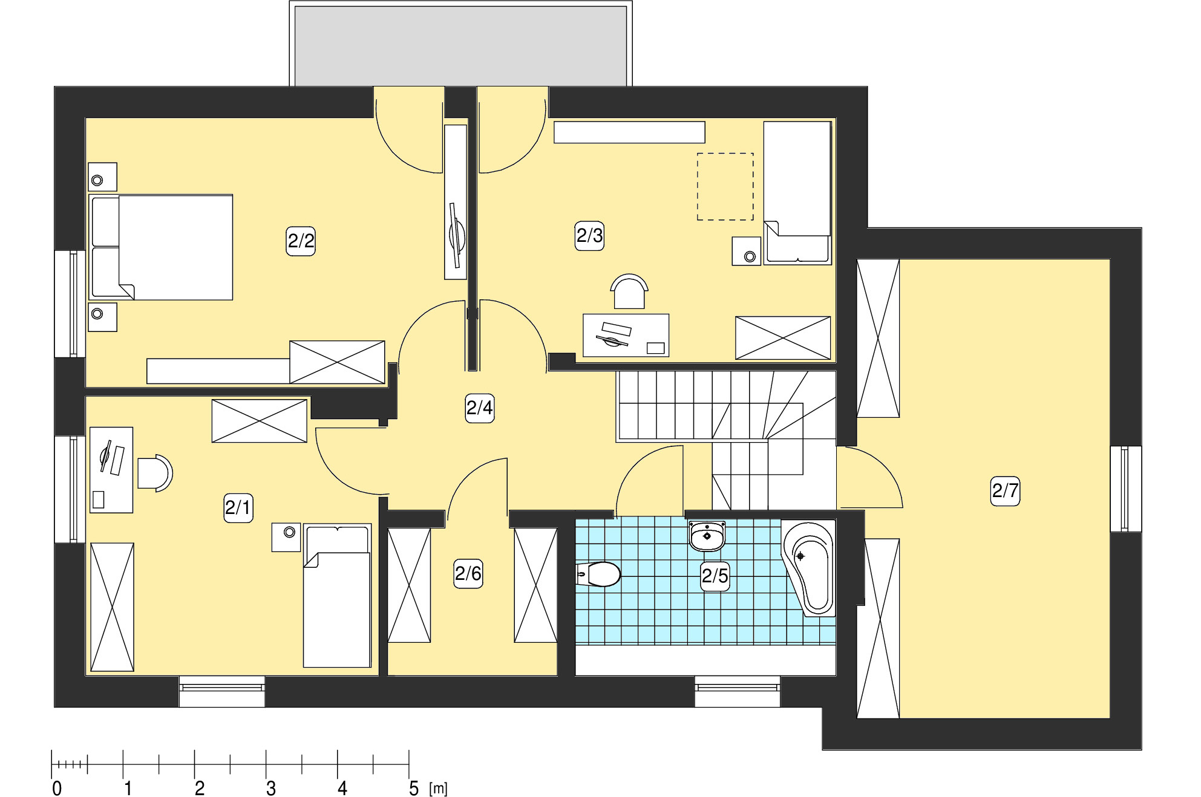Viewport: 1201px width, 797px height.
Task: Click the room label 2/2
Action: [301, 241]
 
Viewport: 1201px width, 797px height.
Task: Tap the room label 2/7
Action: [1005, 490]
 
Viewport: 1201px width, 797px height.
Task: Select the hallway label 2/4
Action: [480, 408]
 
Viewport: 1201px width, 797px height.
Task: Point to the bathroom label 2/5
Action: [715, 575]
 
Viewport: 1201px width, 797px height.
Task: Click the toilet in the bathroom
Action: [598, 574]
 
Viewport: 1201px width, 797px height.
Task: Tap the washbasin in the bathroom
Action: [707, 536]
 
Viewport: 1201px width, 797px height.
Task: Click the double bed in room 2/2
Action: [161, 247]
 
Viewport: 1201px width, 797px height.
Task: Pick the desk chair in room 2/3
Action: [629, 291]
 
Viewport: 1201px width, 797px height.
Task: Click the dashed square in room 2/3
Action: [725, 186]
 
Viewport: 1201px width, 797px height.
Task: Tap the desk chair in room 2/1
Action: [155, 473]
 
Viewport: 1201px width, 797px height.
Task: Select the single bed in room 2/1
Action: [337, 596]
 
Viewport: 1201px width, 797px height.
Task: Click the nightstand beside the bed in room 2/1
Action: [286, 537]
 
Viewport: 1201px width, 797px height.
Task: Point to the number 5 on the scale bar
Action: [414, 789]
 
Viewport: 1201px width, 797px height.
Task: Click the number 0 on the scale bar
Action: [57, 789]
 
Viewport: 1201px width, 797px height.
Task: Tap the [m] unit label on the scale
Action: [439, 789]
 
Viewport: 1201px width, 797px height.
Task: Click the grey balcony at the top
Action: [461, 46]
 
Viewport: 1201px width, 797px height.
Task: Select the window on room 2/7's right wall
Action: [1125, 489]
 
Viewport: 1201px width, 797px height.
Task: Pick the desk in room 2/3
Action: [626, 335]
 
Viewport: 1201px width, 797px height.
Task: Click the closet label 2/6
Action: [468, 573]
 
